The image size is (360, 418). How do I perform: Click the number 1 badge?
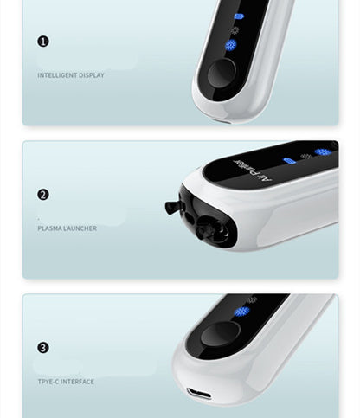(x=43, y=42)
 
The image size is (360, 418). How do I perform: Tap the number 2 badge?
(x=43, y=195)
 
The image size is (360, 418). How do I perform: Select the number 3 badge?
(x=43, y=348)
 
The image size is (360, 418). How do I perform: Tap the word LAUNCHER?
(x=80, y=228)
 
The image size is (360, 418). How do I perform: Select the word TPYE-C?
(x=48, y=382)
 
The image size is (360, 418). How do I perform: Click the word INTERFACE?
(x=77, y=382)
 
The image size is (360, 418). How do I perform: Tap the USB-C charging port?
(x=199, y=394)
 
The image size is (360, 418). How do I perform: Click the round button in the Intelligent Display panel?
(x=222, y=73)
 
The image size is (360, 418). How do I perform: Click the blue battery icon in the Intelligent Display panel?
(x=239, y=16)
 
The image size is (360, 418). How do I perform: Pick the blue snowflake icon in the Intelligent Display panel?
(x=231, y=45)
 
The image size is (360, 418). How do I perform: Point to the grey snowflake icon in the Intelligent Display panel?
(x=235, y=30)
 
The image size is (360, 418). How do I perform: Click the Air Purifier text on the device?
(x=253, y=170)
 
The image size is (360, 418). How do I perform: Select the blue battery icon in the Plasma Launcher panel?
(x=289, y=161)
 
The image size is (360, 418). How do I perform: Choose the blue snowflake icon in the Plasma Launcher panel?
(x=323, y=152)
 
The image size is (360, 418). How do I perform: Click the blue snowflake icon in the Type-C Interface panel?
(x=241, y=312)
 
